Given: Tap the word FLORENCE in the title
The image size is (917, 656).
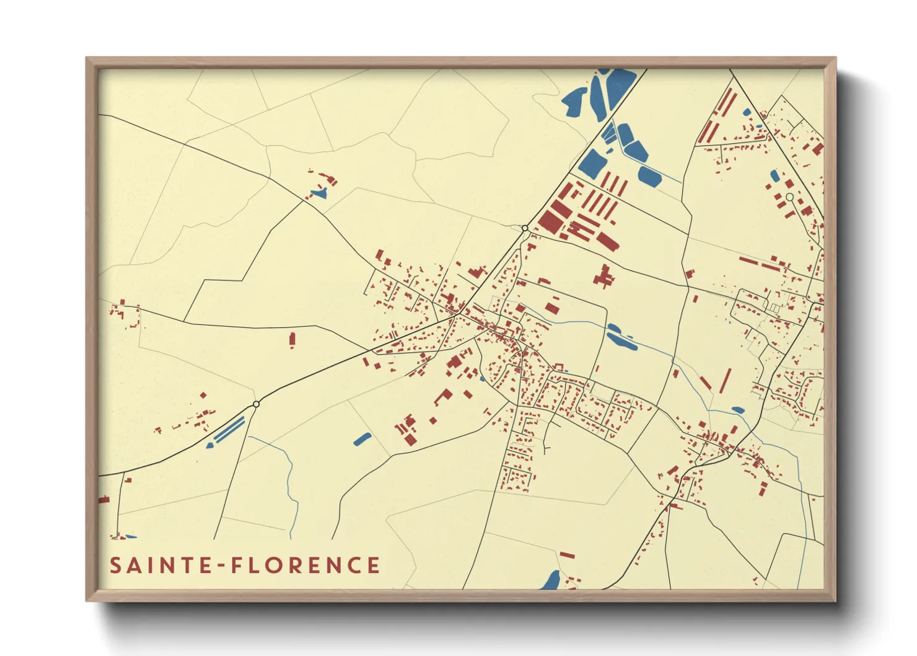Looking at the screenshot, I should click(305, 565).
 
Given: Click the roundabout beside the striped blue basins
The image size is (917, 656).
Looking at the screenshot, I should click(256, 404).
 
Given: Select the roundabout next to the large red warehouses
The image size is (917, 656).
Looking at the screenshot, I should click(525, 228).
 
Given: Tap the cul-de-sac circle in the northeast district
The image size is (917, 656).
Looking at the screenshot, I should click(789, 197).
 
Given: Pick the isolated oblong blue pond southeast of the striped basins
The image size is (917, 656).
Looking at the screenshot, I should click(362, 439).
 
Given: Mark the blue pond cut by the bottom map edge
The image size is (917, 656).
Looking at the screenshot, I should click(550, 581).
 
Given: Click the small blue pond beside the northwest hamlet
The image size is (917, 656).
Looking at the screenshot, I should click(319, 193).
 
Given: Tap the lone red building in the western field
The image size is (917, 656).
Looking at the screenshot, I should click(292, 339).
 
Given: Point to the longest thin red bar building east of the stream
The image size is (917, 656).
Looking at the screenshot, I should click(725, 381).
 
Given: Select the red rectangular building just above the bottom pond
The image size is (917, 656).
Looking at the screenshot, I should click(567, 555).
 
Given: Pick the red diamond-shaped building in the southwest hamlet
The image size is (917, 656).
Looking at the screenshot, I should click(203, 395).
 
